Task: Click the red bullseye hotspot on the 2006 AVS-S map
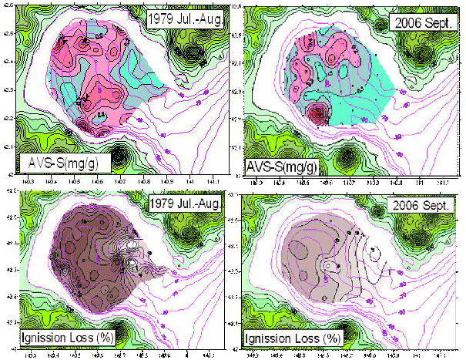(x=317, y=116)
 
